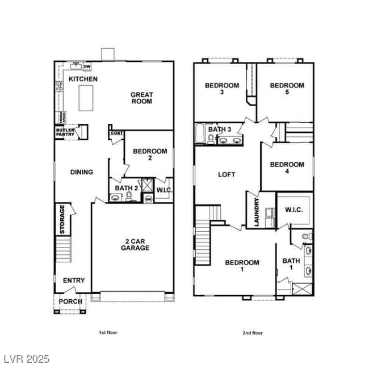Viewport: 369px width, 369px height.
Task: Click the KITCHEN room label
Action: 83,79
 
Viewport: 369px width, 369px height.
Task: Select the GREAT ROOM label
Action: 141,98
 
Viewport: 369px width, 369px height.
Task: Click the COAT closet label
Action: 116,133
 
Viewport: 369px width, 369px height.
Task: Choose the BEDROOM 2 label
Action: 150,154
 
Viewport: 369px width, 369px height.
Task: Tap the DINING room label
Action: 82,172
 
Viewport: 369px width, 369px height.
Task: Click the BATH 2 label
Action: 127,188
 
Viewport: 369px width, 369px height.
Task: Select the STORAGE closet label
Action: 62,219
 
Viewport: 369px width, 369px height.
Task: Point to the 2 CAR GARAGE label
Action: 134,244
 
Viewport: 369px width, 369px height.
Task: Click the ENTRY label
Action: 74,280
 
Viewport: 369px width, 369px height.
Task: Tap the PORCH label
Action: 71,301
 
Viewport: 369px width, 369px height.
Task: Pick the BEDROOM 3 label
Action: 222,89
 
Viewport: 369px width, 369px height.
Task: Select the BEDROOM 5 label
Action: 287,89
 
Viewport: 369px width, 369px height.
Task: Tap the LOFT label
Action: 227,175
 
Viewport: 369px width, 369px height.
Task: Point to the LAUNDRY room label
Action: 257,212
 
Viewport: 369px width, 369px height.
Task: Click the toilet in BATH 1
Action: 307,236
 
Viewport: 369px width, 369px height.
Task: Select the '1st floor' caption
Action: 108,333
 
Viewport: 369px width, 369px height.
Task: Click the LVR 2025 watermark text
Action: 26,359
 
